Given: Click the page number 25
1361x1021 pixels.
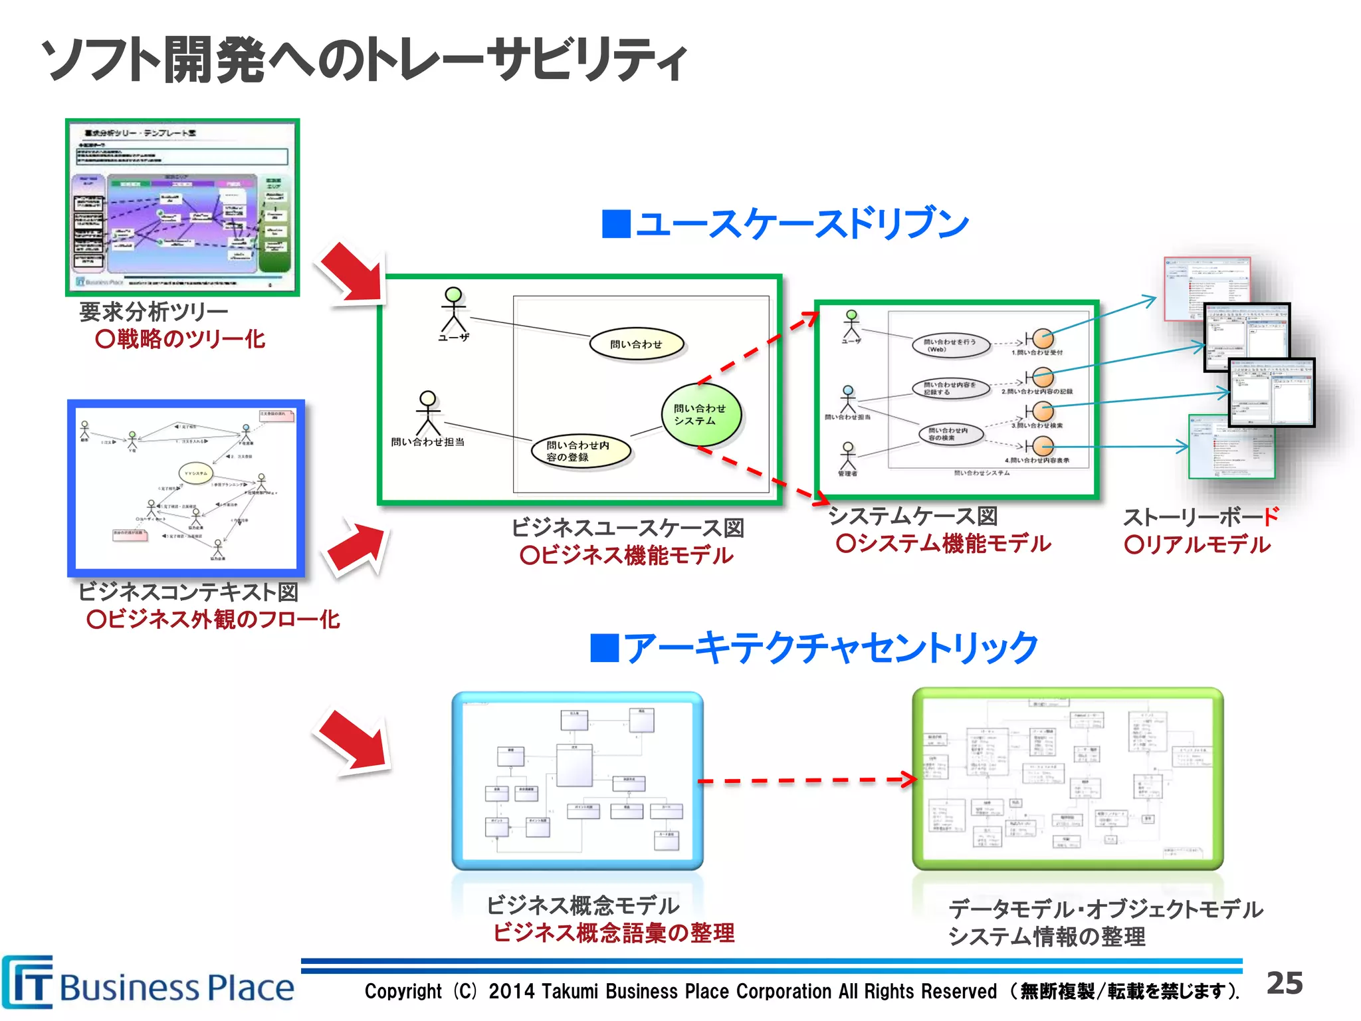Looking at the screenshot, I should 1284,983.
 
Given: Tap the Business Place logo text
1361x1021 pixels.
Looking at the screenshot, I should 176,988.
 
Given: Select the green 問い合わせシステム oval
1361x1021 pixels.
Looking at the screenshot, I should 700,415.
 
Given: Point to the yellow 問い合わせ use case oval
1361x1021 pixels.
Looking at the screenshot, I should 636,344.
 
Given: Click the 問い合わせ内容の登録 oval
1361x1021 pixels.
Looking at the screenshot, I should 580,451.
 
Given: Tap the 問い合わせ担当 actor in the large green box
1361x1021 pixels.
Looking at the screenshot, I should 428,415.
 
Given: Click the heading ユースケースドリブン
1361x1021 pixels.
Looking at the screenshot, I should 785,223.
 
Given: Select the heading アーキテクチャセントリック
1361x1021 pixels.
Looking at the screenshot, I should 815,648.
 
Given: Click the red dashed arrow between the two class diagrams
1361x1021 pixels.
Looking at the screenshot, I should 807,780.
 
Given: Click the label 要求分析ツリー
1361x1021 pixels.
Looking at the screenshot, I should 154,311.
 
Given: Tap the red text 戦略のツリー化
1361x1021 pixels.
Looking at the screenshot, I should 180,339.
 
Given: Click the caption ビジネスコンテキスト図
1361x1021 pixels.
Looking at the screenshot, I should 188,592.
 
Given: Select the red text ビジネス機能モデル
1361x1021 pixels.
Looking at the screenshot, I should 626,555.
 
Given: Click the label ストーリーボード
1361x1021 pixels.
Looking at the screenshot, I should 1200,516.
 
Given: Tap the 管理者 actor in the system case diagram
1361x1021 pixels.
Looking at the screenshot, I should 847,457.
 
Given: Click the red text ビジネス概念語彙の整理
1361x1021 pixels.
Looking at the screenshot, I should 613,933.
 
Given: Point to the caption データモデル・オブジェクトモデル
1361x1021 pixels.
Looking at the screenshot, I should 1105,909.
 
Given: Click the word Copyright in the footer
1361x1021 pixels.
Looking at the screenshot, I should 403,991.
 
